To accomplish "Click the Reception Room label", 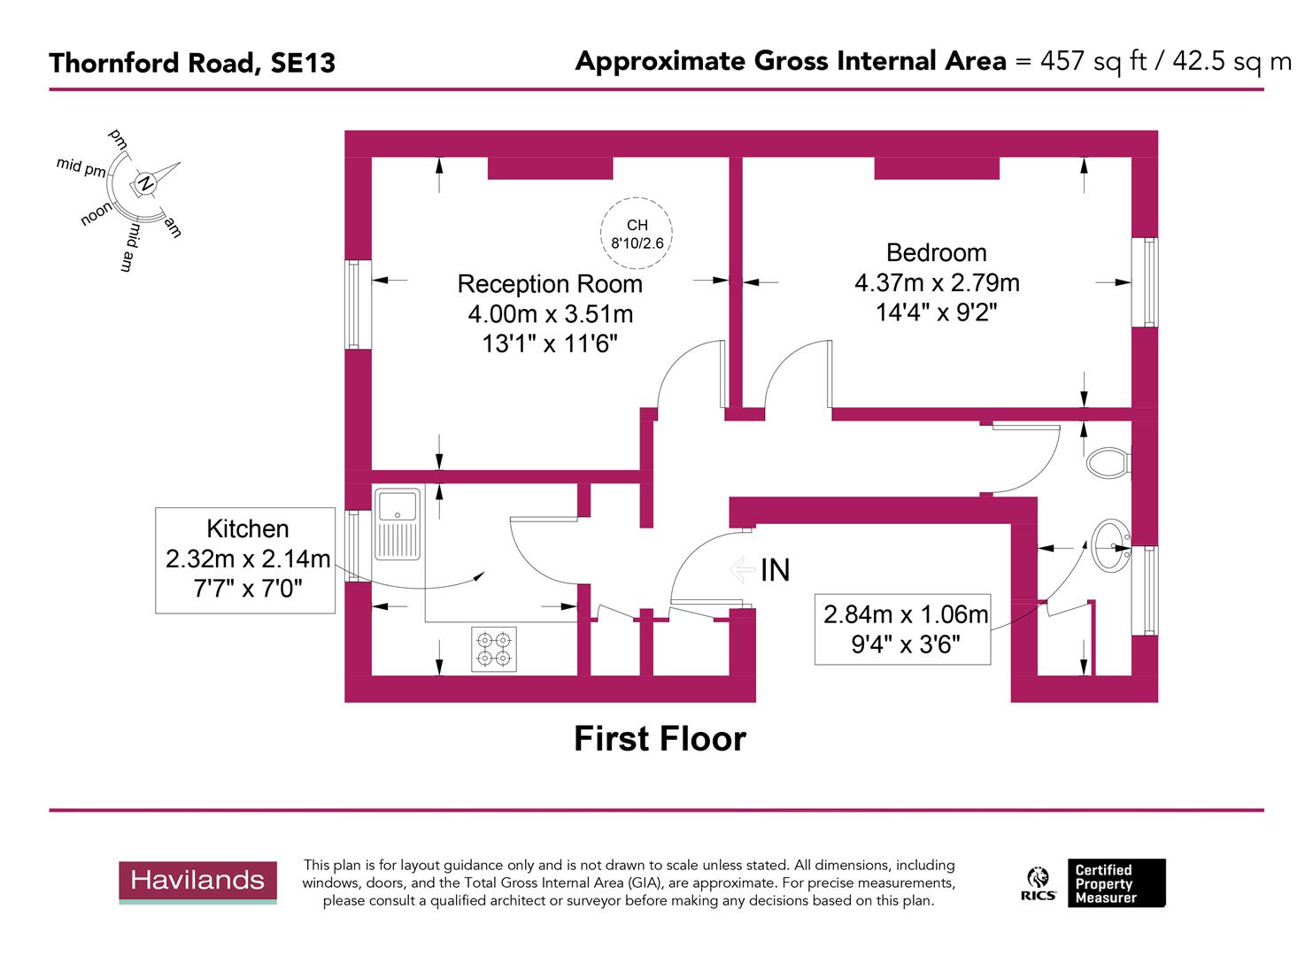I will [549, 284].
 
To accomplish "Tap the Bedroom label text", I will [936, 252].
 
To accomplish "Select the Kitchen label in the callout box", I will [247, 528].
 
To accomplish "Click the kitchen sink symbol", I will [398, 523].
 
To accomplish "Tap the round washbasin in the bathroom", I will [1110, 546].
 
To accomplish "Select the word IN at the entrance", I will [775, 571].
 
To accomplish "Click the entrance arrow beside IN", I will [742, 570].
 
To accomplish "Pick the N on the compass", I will [143, 183].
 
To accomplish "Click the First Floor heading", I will [660, 738].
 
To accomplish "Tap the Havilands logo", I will [197, 881].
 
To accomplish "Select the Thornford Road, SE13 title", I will [192, 63].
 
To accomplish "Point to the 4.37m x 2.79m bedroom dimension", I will [936, 282].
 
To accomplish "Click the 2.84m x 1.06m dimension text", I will [905, 613].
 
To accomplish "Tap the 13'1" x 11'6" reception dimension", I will [549, 343].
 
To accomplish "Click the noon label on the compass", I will [97, 213].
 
